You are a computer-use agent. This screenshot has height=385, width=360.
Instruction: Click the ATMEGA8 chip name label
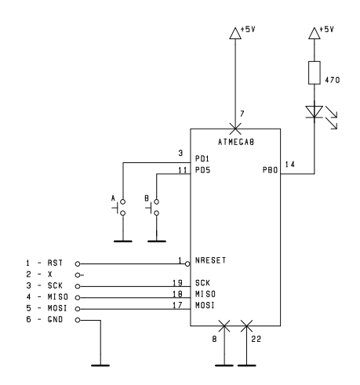tap(236, 142)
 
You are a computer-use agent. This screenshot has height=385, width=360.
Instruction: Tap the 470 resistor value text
tap(333, 80)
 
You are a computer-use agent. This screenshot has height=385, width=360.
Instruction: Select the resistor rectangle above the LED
tap(315, 73)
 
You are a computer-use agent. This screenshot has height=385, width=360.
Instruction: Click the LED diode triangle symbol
tap(315, 111)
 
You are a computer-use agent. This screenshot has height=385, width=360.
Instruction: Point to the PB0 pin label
tap(270, 170)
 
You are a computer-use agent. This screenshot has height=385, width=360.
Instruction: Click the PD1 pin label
tap(202, 158)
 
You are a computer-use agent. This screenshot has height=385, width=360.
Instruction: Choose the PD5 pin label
tap(203, 170)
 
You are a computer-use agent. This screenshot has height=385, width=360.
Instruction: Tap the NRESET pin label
tap(210, 260)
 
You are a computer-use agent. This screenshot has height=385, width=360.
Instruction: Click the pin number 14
tap(290, 165)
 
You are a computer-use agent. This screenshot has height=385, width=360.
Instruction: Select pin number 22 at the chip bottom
tap(256, 339)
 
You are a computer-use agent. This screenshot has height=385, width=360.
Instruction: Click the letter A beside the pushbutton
tap(113, 198)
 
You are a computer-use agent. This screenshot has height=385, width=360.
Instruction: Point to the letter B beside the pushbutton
tap(147, 198)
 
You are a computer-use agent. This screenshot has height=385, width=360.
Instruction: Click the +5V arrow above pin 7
tap(235, 33)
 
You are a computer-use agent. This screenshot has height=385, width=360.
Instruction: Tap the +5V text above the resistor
tap(326, 29)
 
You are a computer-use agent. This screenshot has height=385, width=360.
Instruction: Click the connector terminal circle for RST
tap(78, 264)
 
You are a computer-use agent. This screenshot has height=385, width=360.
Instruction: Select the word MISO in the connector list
tap(58, 297)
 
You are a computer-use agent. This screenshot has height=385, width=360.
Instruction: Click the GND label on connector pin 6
tap(55, 319)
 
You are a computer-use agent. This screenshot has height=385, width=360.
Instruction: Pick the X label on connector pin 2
tap(50, 274)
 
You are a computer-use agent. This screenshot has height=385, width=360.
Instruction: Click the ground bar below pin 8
tap(224, 365)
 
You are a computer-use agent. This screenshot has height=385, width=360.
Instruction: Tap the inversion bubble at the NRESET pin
tap(187, 264)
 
